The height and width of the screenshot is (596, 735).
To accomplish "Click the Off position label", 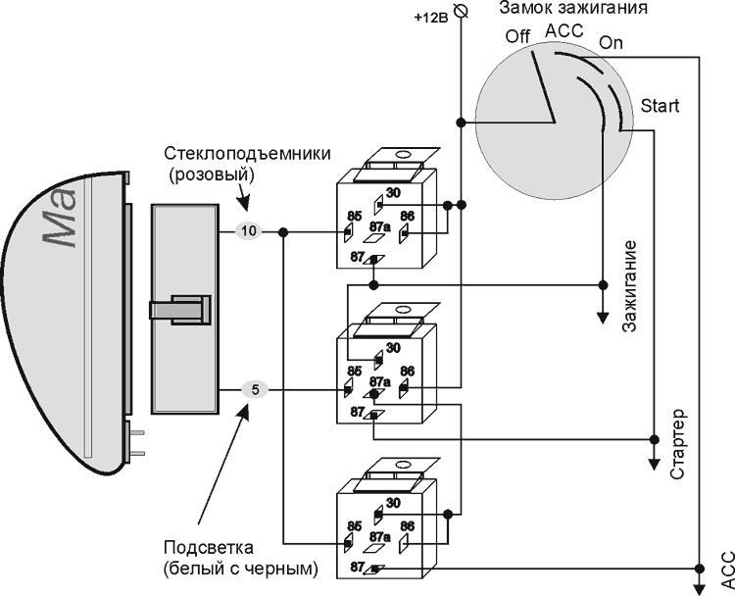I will click(x=518, y=36).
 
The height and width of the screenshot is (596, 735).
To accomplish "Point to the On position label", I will click(x=611, y=43).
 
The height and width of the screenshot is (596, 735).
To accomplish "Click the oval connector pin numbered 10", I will click(x=249, y=231).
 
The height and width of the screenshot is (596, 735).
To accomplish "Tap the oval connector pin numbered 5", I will click(x=254, y=390).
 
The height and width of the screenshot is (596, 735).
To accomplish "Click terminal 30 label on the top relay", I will click(x=393, y=193).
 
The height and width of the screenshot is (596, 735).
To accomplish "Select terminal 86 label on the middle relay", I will click(x=408, y=372).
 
